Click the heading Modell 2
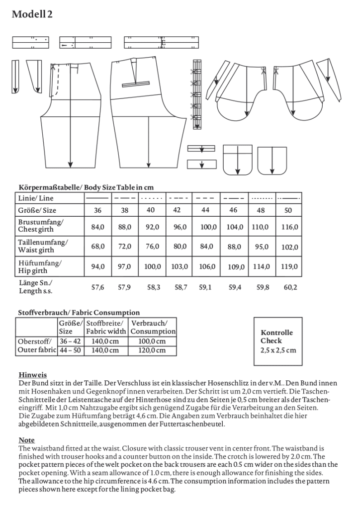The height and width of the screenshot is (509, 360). click(32, 14)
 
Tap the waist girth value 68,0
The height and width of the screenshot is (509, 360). click(98, 246)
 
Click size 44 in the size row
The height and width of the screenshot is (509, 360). click(205, 210)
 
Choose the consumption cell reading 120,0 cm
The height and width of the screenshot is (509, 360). click(152, 350)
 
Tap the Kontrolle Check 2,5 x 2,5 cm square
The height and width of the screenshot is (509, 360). click(278, 341)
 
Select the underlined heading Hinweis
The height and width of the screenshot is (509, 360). click(33, 375)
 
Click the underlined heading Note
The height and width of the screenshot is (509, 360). click(26, 440)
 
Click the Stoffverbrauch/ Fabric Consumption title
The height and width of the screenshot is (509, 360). click(79, 313)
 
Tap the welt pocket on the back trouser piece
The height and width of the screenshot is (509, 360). click(136, 84)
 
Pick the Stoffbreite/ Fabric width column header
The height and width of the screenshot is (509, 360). click(106, 327)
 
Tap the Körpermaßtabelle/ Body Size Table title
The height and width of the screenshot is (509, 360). click(86, 187)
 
